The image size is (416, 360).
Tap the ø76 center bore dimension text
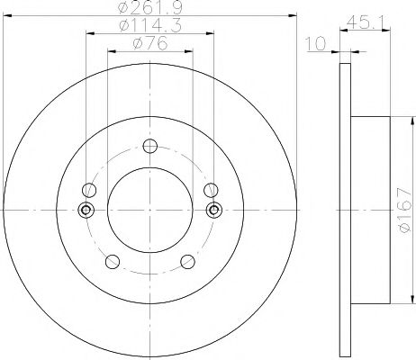[x=149, y=45]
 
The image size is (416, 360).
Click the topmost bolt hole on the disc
[x=150, y=147]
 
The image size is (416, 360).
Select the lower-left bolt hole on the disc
[x=113, y=262]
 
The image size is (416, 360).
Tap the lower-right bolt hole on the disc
[x=188, y=262]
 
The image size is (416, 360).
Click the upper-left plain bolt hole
[x=88, y=190]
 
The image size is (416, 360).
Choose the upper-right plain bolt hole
[x=212, y=190]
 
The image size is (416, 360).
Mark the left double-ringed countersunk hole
[x=86, y=211]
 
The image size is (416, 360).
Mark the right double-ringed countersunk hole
[x=214, y=211]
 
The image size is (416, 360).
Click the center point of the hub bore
[x=150, y=211]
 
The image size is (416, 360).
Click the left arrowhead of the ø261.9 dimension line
[x=6, y=15]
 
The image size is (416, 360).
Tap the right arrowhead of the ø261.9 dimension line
[x=294, y=15]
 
